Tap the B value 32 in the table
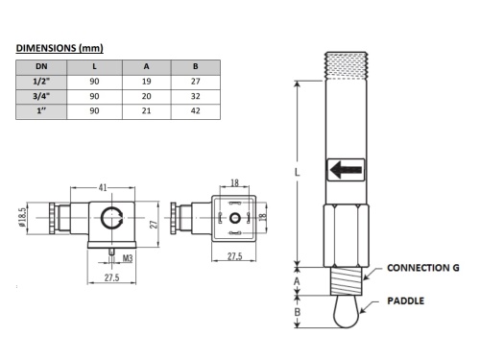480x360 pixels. [x=196, y=97]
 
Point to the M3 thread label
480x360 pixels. [x=127, y=257]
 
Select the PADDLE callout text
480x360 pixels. [x=406, y=300]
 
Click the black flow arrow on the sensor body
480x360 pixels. [x=345, y=171]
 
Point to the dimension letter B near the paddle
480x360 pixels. [x=298, y=311]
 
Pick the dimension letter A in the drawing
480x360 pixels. [x=298, y=280]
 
